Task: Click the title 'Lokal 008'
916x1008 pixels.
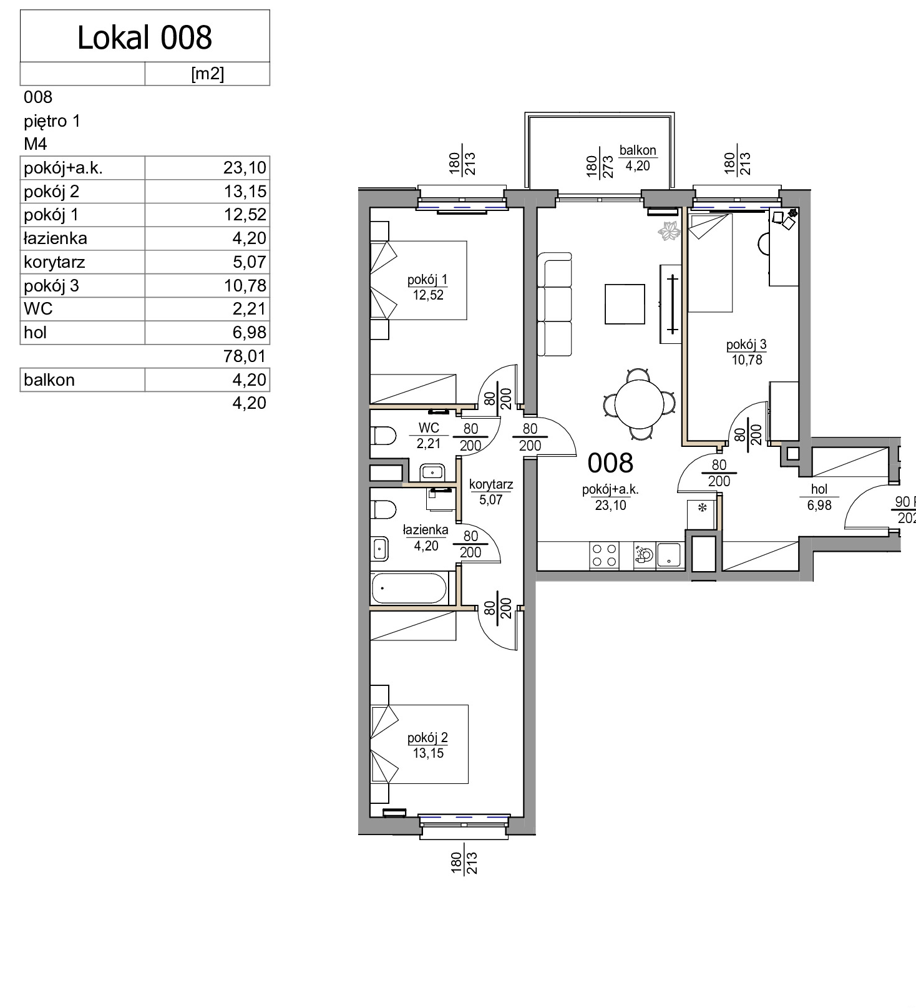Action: tap(145, 37)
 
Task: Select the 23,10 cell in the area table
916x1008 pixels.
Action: tap(245, 168)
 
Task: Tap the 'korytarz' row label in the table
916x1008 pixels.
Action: tap(54, 262)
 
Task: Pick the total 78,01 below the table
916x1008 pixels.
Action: tap(245, 356)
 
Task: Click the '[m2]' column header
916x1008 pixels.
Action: tap(207, 74)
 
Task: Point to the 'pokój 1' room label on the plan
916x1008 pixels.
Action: tap(427, 280)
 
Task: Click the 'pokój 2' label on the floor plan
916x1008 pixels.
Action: tap(427, 738)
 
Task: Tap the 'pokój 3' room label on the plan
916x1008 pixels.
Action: tap(746, 345)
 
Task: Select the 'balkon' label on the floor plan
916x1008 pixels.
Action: tap(638, 150)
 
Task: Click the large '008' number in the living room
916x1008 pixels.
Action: tap(610, 463)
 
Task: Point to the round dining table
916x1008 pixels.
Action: tap(639, 404)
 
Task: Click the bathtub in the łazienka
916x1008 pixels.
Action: tap(409, 589)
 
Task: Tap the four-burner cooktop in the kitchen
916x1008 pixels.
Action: tap(604, 555)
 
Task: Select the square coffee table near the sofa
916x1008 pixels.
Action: tap(625, 304)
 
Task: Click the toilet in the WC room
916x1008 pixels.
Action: tap(383, 436)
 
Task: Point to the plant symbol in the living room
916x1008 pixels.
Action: tap(670, 231)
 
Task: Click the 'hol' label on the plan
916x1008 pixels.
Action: tap(819, 490)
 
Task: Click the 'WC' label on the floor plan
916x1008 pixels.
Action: tap(429, 428)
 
